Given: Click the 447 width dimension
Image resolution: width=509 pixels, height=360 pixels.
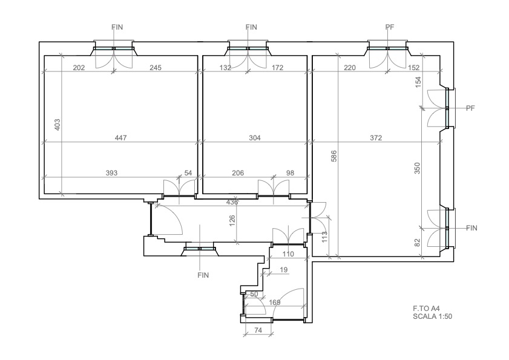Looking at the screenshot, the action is click(121, 138).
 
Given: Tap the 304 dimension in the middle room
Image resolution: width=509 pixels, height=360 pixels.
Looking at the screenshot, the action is click(255, 138).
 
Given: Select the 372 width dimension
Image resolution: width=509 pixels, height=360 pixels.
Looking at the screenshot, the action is click(376, 138).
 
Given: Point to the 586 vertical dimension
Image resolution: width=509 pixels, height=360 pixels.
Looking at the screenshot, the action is click(333, 156).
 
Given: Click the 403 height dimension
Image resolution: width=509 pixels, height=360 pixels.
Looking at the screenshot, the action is click(57, 125).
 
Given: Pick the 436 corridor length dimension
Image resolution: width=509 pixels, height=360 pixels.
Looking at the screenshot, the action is click(232, 202).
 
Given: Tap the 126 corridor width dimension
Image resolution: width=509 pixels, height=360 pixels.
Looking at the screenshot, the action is click(232, 221).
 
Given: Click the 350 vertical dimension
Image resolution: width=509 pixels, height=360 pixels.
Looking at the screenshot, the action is click(418, 168).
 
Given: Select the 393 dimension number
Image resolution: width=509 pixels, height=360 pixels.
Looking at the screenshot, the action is click(112, 173).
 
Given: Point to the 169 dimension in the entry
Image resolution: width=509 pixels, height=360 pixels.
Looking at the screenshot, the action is click(275, 303).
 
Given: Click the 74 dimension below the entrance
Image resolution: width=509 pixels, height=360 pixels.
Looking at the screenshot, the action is click(258, 330).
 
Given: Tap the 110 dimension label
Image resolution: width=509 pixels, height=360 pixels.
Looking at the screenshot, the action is click(288, 254).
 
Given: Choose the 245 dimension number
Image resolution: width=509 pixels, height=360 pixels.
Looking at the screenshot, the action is click(156, 68).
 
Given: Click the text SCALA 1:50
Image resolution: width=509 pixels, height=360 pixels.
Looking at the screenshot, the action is click(432, 316).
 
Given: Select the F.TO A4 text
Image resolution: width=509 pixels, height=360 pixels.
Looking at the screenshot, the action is click(426, 309).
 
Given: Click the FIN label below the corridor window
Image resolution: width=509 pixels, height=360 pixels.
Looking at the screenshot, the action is click(203, 276).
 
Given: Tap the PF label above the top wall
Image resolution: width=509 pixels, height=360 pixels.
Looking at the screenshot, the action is click(390, 27).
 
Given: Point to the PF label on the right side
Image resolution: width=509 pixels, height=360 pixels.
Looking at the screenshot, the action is click(470, 108).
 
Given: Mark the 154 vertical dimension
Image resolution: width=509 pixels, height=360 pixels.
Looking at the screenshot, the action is click(418, 81).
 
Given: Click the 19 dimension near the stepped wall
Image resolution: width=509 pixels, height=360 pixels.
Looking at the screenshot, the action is click(283, 270).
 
